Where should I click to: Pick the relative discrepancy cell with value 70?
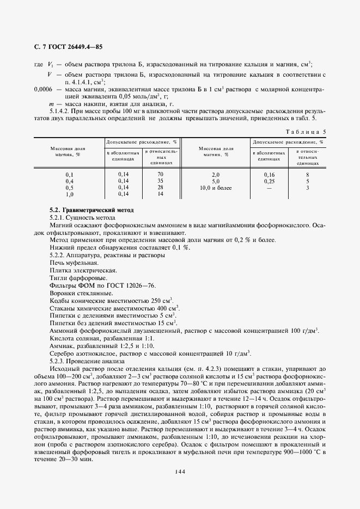(x=160, y=174)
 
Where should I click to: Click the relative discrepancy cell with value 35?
(x=160, y=181)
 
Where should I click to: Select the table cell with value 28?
(x=160, y=187)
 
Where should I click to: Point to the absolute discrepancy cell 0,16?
(x=269, y=174)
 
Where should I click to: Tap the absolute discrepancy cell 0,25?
(x=269, y=181)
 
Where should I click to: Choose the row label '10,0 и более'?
(x=215, y=188)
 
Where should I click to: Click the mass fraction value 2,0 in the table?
(x=215, y=174)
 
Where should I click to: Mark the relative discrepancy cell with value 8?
(x=308, y=174)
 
